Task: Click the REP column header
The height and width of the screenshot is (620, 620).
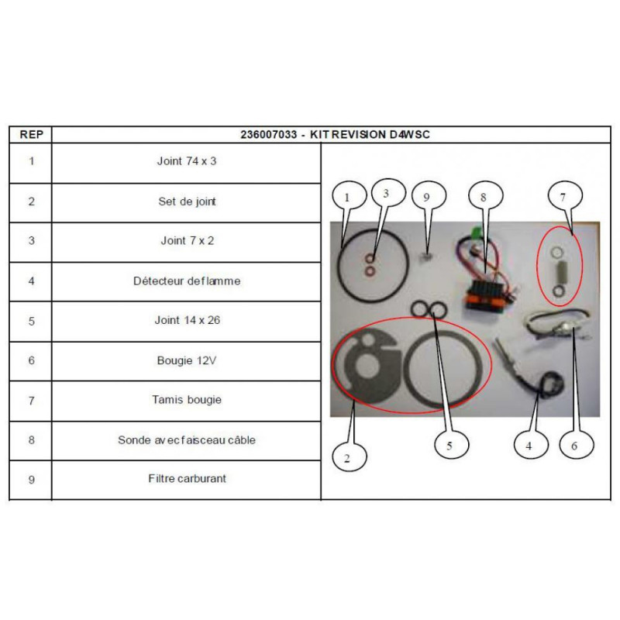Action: coord(31,134)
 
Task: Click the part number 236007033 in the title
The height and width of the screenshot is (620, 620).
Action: coord(268,134)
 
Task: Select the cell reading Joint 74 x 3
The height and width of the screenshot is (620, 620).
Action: coord(187,161)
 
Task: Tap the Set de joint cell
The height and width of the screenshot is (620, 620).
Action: coord(187,201)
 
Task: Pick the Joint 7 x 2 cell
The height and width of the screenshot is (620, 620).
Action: coord(187,241)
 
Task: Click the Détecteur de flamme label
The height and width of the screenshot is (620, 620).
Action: coord(187,281)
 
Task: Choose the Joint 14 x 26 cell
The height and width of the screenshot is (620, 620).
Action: coord(187,320)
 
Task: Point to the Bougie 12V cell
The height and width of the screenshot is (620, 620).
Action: coord(187,360)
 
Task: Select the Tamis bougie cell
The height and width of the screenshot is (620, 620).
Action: coord(187,400)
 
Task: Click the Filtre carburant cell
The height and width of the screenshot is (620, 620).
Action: coord(187,479)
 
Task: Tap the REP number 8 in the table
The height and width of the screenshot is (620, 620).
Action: coord(31,440)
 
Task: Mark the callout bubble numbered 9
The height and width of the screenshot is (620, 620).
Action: coord(429,197)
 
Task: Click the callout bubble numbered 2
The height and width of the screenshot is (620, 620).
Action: coord(350,457)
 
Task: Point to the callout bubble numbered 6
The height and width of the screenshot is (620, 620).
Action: coord(577,445)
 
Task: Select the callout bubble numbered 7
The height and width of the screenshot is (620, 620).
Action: coord(565,196)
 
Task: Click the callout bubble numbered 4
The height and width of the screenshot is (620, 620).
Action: coord(531,445)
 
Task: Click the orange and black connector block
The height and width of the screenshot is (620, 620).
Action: coord(483,297)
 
